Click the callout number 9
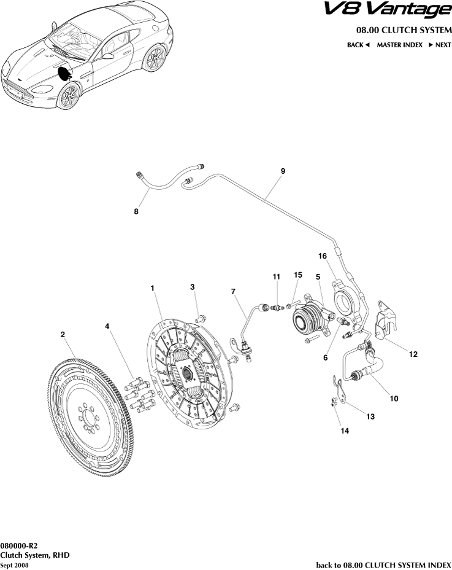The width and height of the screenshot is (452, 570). pos(283,172)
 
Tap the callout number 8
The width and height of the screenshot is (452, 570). pos(136,212)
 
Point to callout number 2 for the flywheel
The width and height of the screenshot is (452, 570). pos(63,335)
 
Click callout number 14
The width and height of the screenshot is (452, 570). pos(345,432)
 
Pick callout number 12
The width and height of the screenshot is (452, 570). pos(413,354)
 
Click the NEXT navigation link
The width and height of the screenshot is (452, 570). pos(440,45)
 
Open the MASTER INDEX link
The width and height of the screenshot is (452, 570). pos(399,45)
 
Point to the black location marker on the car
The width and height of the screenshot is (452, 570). pos(64,73)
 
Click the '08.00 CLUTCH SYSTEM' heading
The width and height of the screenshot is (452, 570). pos(404,30)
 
